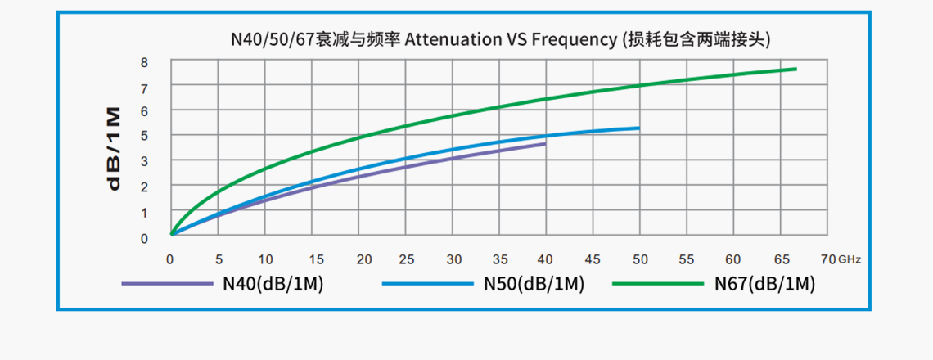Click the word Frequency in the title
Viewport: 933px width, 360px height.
tap(579, 38)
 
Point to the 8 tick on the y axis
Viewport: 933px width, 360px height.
tap(144, 62)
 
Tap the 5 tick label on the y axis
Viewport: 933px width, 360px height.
tap(144, 136)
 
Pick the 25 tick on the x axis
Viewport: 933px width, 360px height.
tap(407, 259)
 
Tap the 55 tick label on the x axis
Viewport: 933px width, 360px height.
tap(687, 259)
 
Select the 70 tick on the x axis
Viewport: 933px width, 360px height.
tap(827, 259)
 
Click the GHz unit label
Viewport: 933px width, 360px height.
tap(850, 259)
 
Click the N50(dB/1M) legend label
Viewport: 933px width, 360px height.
tap(533, 284)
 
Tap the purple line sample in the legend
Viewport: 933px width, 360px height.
tap(168, 284)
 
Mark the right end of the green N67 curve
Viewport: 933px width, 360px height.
tap(796, 69)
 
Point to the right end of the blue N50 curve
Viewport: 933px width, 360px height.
tap(638, 128)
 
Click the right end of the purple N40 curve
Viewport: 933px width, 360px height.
tap(544, 144)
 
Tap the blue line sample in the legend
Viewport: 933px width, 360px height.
tap(427, 284)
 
